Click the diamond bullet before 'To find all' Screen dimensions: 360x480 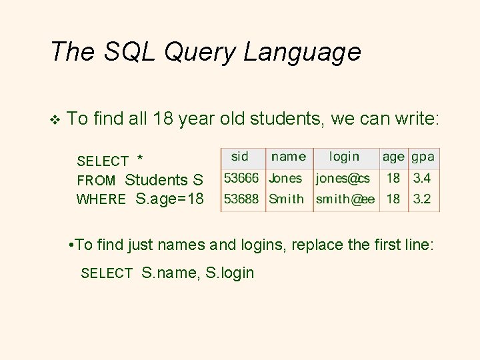tap(55, 120)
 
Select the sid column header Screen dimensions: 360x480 tap(240, 157)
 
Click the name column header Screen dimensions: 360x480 tap(289, 157)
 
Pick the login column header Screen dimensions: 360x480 tap(344, 157)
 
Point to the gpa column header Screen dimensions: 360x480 tap(423, 157)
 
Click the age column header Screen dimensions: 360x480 tap(393, 157)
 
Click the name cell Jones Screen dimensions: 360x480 tap(285, 179)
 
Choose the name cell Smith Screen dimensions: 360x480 tap(286, 199)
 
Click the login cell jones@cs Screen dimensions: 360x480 tap(343, 179)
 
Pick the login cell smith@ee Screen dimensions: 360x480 tap(345, 199)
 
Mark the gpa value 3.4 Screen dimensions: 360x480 tap(422, 179)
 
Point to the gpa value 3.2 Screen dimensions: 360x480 tap(422, 199)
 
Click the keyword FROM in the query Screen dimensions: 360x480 tap(96, 181)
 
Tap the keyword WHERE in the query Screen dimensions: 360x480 tap(101, 199)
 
